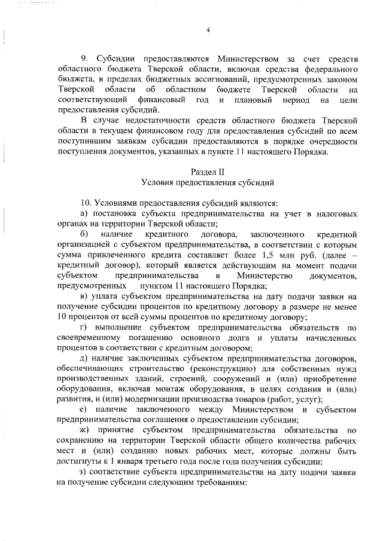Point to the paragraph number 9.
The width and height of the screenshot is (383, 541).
[84, 59]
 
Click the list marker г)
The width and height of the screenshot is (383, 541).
[83, 327]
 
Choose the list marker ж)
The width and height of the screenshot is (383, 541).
[84, 430]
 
